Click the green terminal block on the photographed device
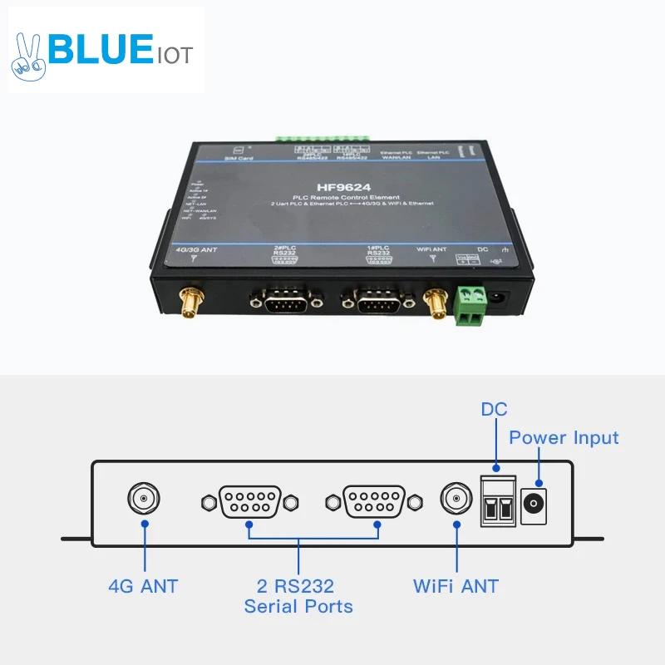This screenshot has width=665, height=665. pyautogui.click(x=470, y=304)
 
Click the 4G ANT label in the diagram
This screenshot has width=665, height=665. pyautogui.click(x=143, y=585)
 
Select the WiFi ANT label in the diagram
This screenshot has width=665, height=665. pyautogui.click(x=456, y=585)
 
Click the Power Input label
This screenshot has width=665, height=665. pyautogui.click(x=564, y=437)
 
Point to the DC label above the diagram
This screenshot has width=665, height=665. pyautogui.click(x=494, y=409)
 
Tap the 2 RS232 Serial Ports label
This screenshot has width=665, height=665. pyautogui.click(x=298, y=596)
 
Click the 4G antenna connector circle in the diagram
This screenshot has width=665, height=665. pyautogui.click(x=144, y=500)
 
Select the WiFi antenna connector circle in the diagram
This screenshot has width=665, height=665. pyautogui.click(x=456, y=500)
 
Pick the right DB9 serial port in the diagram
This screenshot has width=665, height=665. pyautogui.click(x=374, y=502)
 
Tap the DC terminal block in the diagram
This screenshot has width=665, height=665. pyautogui.click(x=498, y=501)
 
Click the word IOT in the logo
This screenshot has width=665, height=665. pyautogui.click(x=175, y=56)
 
